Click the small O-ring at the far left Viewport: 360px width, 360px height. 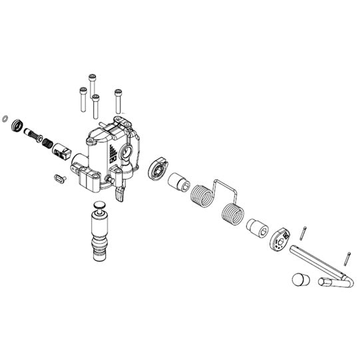tap(6, 120)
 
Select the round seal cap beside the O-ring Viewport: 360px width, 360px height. tap(18, 126)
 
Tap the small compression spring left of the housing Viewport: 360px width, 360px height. tap(47, 142)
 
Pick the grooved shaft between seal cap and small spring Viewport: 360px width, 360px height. tap(33, 136)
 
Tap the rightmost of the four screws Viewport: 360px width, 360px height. tap(118, 100)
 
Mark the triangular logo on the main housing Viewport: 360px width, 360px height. tap(112, 149)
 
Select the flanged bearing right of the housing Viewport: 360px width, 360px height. tap(158, 170)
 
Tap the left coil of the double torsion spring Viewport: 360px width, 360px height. tap(200, 198)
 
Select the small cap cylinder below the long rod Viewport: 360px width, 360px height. tap(299, 279)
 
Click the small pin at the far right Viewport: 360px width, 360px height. tap(347, 256)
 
